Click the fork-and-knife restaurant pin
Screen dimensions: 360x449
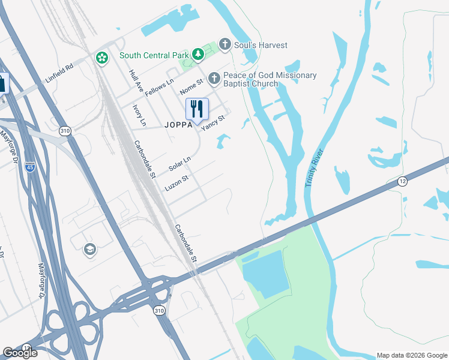pyautogui.click(x=197, y=109)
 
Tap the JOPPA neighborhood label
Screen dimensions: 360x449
pyautogui.click(x=177, y=125)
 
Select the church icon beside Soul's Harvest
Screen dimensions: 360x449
pyautogui.click(x=225, y=44)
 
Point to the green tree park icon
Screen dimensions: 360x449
pyautogui.click(x=197, y=55)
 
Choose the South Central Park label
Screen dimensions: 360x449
pyautogui.click(x=154, y=55)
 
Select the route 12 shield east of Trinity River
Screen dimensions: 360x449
pyautogui.click(x=402, y=181)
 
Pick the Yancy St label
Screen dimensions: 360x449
pyautogui.click(x=213, y=122)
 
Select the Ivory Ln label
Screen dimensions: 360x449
pyautogui.click(x=139, y=115)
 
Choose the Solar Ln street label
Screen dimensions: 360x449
pyautogui.click(x=179, y=163)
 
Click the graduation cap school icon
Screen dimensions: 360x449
pyautogui.click(x=90, y=250)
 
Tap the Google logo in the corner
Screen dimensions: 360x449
pyautogui.click(x=20, y=353)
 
